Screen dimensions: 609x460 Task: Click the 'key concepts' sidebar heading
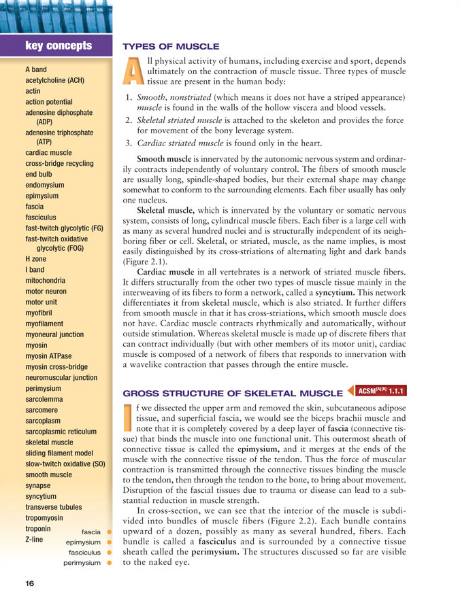pos(58,46)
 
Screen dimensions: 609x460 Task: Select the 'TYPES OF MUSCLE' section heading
pos(170,46)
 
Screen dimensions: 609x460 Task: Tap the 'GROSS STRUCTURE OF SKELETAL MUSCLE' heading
pos(231,393)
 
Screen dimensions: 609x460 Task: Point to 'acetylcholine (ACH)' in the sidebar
pos(54,80)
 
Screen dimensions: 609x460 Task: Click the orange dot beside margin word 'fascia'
pos(108,531)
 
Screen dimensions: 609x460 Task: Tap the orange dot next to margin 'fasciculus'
pos(108,553)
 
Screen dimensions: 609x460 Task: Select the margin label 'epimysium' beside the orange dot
pos(83,542)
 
